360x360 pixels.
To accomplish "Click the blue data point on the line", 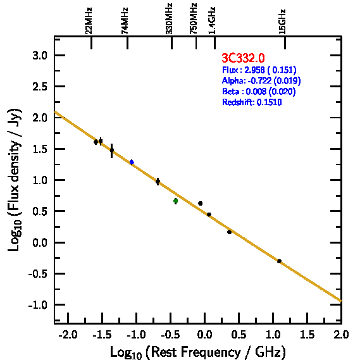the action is click(x=132, y=162).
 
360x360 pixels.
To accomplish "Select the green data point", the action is click(x=176, y=201).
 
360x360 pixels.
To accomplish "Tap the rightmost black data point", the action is click(x=279, y=261).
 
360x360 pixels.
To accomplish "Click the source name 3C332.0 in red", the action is click(x=243, y=58).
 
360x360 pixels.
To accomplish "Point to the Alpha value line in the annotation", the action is click(x=261, y=80).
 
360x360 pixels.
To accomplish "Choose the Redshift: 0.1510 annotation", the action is click(x=252, y=102).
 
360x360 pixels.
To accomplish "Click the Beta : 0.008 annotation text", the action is click(x=259, y=91).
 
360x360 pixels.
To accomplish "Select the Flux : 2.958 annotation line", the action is click(x=259, y=70).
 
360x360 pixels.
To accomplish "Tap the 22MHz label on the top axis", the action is click(x=89, y=21).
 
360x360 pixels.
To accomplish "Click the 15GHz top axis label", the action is click(x=282, y=22).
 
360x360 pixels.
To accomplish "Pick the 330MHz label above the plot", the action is click(x=169, y=19).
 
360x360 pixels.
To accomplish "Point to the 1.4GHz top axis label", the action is click(x=212, y=21).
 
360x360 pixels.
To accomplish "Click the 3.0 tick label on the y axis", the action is click(x=40, y=56).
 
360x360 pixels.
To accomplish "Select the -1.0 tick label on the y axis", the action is click(x=38, y=305).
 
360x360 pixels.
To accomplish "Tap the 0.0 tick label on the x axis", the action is click(x=204, y=335).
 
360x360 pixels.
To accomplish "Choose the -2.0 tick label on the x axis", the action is click(x=68, y=335).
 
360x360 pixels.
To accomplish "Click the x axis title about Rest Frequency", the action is click(x=198, y=352).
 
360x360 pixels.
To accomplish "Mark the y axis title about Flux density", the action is click(x=15, y=180).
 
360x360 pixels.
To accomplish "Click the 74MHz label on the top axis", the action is click(x=125, y=21).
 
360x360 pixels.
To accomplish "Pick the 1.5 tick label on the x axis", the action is click(x=307, y=335).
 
